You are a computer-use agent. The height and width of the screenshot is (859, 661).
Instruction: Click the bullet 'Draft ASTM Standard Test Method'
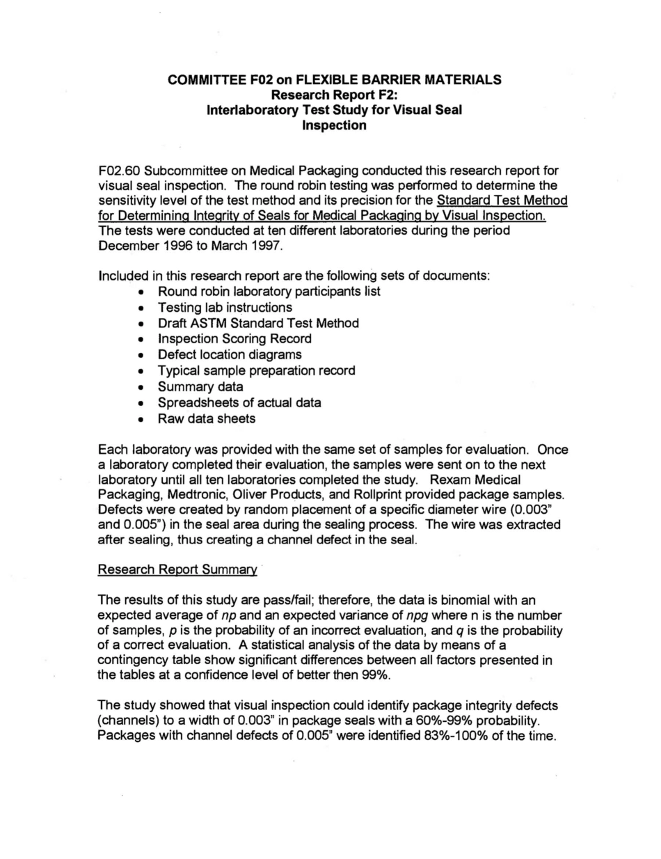tap(258, 323)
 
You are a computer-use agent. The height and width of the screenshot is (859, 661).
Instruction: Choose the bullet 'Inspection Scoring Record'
tap(234, 339)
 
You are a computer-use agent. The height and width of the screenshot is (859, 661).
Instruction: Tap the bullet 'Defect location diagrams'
tap(230, 354)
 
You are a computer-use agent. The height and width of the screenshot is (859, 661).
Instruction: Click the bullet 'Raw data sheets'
tap(207, 418)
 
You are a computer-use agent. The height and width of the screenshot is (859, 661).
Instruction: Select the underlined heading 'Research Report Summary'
tap(177, 569)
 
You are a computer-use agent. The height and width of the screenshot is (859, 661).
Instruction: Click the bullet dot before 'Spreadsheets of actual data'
tap(142, 403)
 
